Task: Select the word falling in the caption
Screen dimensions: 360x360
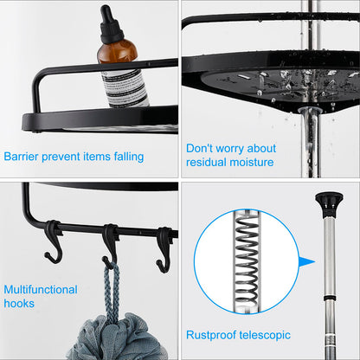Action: click(125, 157)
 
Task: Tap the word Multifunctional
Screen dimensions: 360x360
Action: click(41, 290)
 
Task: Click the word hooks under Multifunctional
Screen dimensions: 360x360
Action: click(19, 304)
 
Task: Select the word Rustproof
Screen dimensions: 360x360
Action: click(212, 335)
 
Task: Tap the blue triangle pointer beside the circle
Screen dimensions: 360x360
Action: click(304, 260)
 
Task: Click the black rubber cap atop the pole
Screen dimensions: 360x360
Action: click(329, 204)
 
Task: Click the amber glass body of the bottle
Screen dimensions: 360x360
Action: click(116, 56)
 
